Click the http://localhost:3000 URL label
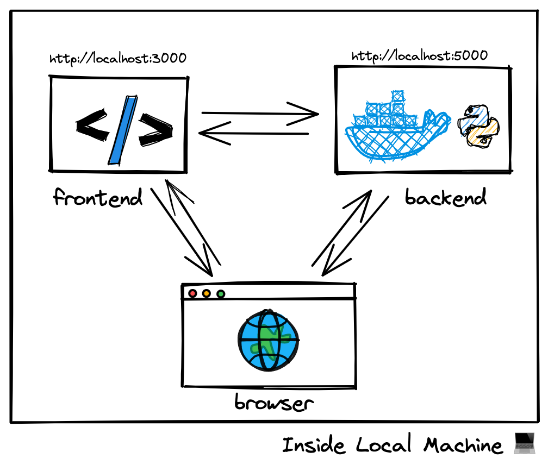coord(117,58)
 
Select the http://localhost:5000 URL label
coord(419,55)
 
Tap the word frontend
coord(98,197)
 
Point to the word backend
coord(445,198)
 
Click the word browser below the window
coord(273,403)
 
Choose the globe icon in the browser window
coord(268,341)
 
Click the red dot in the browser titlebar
coord(192,294)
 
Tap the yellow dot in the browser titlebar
coord(207,294)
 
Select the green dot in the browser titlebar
coord(221,294)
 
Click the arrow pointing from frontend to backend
coord(259,114)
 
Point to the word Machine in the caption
coord(463,445)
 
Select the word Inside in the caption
coord(314,445)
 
